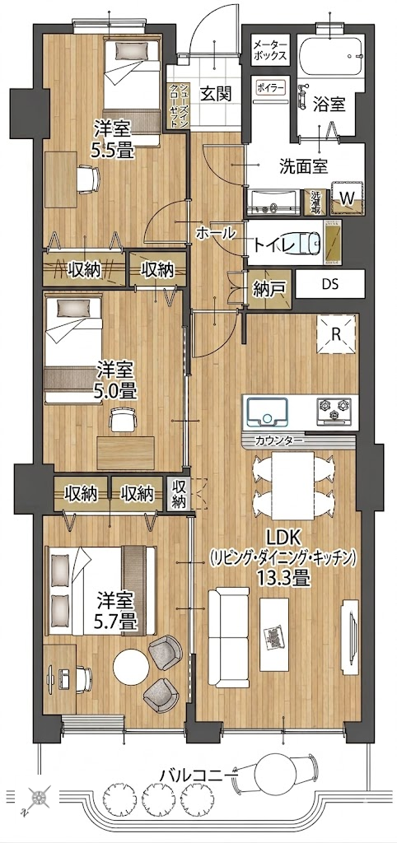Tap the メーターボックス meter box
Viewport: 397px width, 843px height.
pyautogui.click(x=270, y=49)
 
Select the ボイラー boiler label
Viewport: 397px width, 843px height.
pyautogui.click(x=269, y=86)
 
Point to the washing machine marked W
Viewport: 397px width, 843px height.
pyautogui.click(x=348, y=198)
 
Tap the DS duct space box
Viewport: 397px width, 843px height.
pyautogui.click(x=330, y=284)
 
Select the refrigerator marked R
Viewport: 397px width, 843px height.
pyautogui.click(x=336, y=334)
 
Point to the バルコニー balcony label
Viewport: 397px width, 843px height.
pyautogui.click(x=198, y=775)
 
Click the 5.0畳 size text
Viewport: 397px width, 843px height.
pyautogui.click(x=115, y=389)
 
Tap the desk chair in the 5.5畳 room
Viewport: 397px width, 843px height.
pyautogui.click(x=87, y=178)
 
